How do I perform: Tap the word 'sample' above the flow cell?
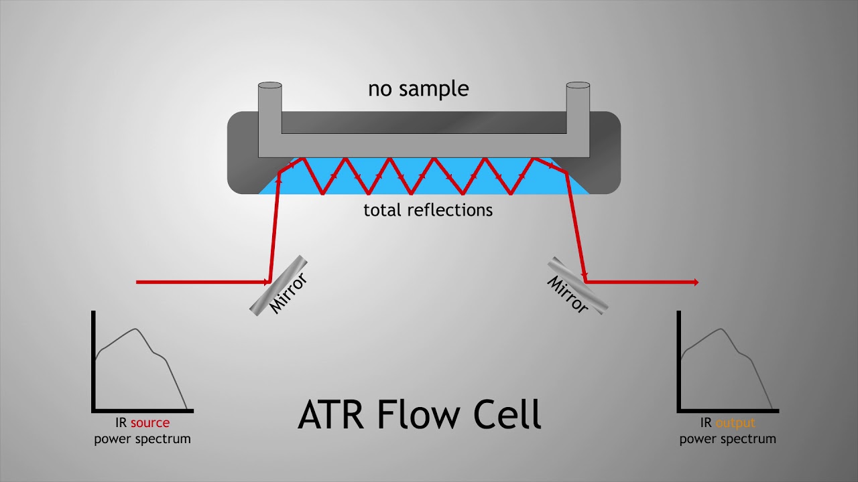click(x=434, y=90)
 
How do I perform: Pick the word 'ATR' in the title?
click(x=330, y=414)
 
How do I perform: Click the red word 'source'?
click(x=150, y=423)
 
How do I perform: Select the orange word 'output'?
click(x=735, y=423)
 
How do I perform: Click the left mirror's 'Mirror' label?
click(x=288, y=293)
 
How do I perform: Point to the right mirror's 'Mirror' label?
click(x=567, y=295)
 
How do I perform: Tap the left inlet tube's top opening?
click(x=270, y=85)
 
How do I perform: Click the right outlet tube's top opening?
click(x=578, y=85)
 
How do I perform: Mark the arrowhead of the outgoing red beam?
click(x=696, y=283)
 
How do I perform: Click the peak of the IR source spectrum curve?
click(x=135, y=329)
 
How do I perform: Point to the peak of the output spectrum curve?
click(x=722, y=329)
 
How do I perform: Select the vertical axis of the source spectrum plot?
click(x=93, y=361)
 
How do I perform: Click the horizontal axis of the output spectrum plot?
click(x=728, y=411)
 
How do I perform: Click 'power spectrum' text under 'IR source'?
click(x=143, y=438)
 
